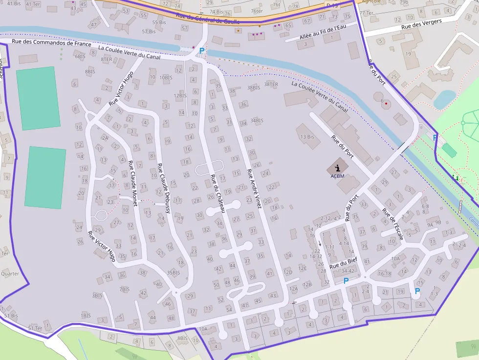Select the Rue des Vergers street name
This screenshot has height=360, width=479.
tap(421, 23)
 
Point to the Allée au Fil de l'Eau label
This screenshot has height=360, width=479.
tap(322, 32)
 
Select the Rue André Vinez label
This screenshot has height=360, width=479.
tap(254, 189)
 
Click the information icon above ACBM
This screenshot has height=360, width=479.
tap(337, 167)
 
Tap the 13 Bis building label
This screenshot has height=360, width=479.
tap(307, 137)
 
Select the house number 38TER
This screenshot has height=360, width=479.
tap(271, 85)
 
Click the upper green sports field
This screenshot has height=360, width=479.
tap(38, 98)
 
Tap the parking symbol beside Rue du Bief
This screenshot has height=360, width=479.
tap(346, 281)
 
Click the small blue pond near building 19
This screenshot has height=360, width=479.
tap(444, 99)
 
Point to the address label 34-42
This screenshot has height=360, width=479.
tap(348, 271)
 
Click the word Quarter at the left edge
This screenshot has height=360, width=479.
tap(10, 274)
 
